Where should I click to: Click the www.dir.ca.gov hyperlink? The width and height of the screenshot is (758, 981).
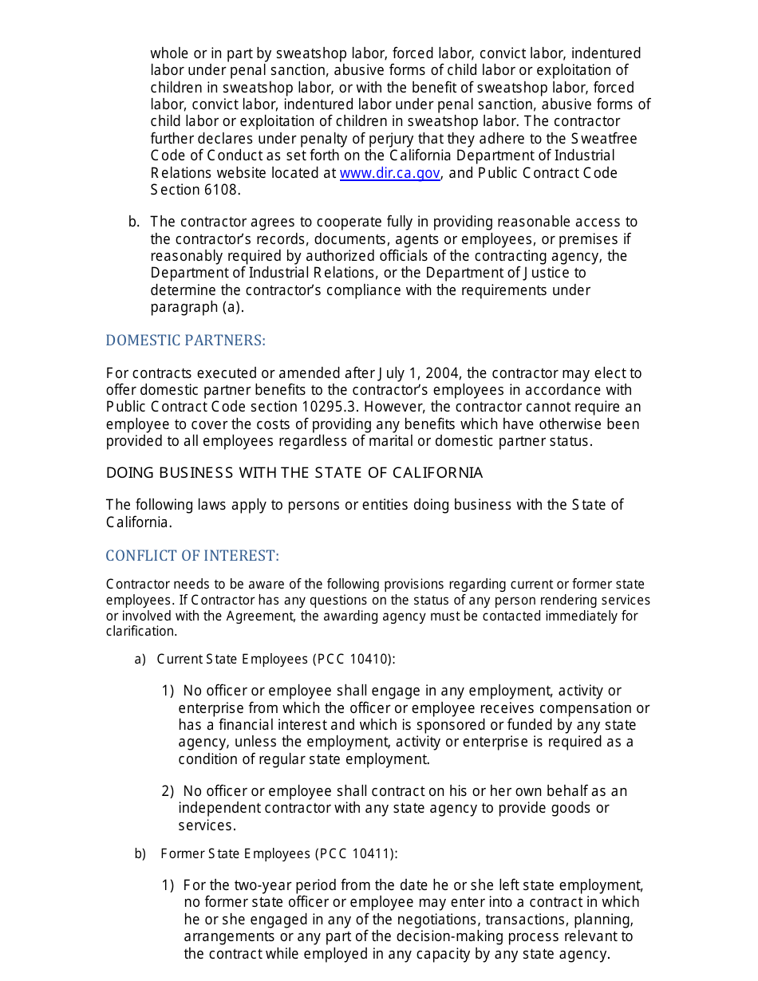(389, 173)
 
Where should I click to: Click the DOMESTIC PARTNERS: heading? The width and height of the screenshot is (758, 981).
(185, 341)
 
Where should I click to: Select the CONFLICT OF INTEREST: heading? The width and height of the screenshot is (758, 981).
(192, 556)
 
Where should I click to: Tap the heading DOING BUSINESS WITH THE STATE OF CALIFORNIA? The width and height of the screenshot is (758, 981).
(294, 473)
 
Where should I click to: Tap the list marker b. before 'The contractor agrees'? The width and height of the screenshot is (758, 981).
(133, 222)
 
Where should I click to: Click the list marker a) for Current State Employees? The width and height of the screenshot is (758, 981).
(140, 660)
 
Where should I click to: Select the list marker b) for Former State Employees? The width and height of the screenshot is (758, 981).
(140, 854)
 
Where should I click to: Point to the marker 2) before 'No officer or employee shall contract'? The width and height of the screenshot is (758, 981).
(168, 791)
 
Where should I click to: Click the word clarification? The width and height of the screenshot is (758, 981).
(141, 632)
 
